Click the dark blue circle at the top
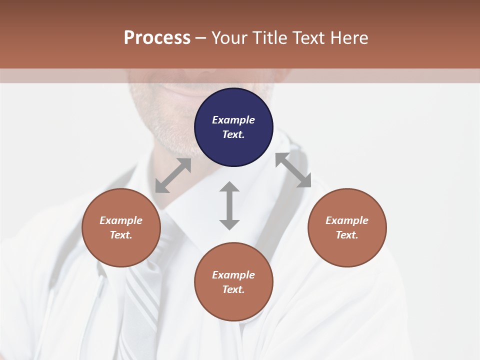(x=233, y=127)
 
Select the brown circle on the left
(x=121, y=227)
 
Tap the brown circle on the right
(x=347, y=227)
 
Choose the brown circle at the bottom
(x=233, y=282)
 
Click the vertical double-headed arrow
(x=229, y=205)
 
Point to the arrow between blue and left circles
(x=173, y=175)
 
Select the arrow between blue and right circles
(x=293, y=170)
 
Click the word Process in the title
(x=157, y=38)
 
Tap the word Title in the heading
(x=271, y=38)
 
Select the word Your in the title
(x=229, y=38)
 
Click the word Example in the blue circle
(x=233, y=120)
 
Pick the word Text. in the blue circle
(x=233, y=134)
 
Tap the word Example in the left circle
(x=121, y=220)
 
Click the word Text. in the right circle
(x=347, y=235)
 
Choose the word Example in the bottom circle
(x=233, y=275)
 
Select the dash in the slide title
(x=201, y=38)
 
